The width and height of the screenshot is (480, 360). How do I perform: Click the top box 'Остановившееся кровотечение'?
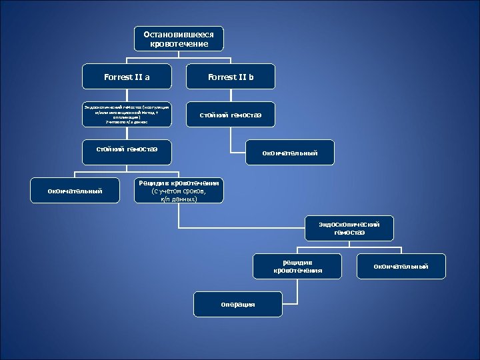tap(179, 39)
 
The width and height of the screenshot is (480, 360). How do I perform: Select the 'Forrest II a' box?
tap(127, 77)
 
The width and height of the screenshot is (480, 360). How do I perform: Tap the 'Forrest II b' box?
tap(231, 77)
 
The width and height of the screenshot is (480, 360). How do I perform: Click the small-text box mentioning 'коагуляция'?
tap(127, 114)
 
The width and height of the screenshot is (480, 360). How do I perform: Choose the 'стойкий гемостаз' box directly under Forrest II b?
tap(231, 115)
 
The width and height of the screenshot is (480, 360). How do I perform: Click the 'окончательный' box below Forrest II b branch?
tap(289, 153)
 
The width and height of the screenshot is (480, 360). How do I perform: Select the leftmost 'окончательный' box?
tap(75, 191)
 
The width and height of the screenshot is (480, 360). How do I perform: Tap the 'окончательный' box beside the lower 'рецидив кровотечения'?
tap(401, 267)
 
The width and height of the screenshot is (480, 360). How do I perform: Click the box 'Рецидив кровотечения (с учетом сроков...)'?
tap(179, 191)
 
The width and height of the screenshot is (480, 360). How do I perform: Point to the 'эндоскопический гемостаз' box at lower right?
tap(349, 228)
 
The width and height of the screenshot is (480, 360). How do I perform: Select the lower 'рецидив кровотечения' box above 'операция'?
tap(297, 267)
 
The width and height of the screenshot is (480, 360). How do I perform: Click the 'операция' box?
tap(237, 305)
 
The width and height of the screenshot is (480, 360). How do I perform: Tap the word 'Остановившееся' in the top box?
tap(179, 34)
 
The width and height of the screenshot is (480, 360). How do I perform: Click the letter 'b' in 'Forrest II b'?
tap(251, 77)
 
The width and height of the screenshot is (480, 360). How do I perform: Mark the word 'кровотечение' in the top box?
tap(179, 44)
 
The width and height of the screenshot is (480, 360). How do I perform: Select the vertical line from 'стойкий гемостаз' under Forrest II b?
tap(231, 137)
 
